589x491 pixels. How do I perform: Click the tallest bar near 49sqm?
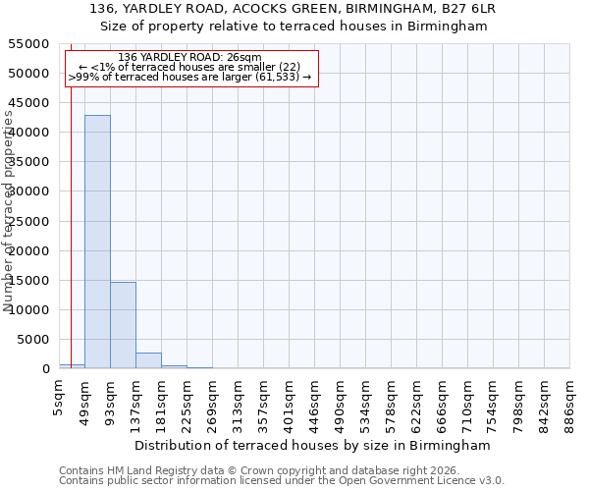click(x=97, y=242)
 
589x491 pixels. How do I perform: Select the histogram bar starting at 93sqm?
click(x=123, y=325)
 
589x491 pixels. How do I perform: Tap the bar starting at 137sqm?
click(x=148, y=360)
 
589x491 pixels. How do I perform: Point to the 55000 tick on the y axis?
click(x=29, y=44)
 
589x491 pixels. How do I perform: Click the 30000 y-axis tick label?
click(x=29, y=191)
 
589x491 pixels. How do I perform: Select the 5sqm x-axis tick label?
click(x=60, y=398)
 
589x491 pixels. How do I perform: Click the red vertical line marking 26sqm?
click(x=71, y=245)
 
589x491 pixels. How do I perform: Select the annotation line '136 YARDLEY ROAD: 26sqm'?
click(x=189, y=58)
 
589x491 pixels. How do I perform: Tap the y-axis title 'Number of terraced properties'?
click(x=9, y=211)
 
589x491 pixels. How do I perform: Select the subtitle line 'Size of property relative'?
click(x=294, y=26)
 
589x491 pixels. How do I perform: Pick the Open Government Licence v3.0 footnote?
click(x=282, y=481)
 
